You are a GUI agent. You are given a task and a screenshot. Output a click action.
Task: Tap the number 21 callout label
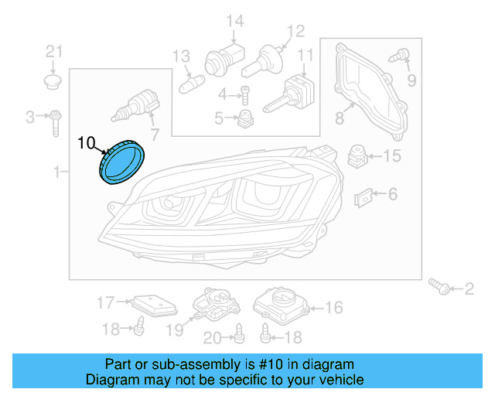point(53,52)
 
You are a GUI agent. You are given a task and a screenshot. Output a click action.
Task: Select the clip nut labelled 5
point(246,118)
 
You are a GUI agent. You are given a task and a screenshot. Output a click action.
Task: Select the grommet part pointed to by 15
point(357,155)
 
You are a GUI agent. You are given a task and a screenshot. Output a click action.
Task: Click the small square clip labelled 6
point(363,197)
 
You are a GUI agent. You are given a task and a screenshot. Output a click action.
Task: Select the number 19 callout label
point(175,330)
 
